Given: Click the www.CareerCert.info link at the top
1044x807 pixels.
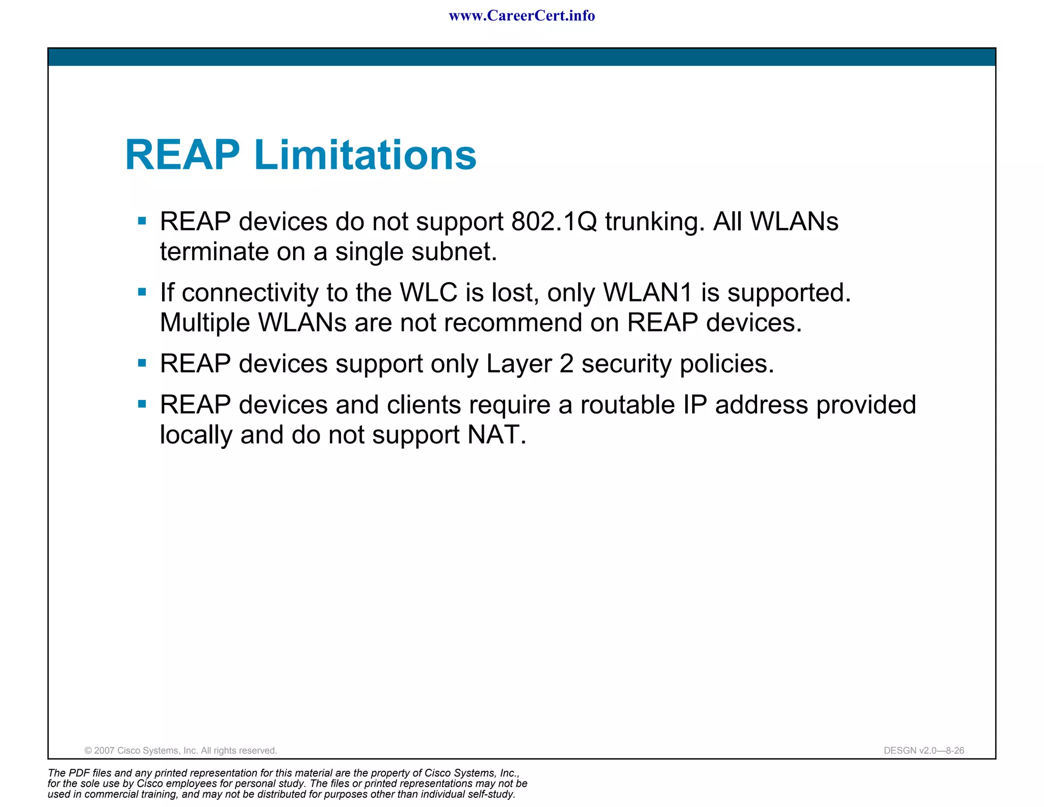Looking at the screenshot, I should click(x=521, y=16).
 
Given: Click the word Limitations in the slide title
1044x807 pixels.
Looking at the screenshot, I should click(x=365, y=155).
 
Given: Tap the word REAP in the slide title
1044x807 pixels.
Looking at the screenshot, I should click(x=182, y=155).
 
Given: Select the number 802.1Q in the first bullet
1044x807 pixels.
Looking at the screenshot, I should click(x=554, y=222).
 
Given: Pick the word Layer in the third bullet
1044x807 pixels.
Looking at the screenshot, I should click(x=519, y=364).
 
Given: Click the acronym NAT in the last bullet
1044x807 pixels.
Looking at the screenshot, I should click(x=496, y=435).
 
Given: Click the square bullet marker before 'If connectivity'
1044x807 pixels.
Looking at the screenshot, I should click(x=142, y=292).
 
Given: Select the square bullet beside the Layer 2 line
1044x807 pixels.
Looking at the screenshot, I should click(x=142, y=363).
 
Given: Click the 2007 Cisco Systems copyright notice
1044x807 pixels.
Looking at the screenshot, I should click(x=180, y=750).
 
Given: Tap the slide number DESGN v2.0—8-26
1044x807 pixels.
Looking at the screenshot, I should click(x=924, y=750).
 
